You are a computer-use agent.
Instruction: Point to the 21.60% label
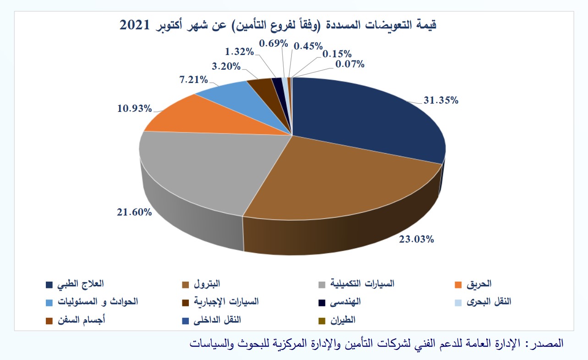coord(133,212)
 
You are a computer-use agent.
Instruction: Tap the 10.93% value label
coord(134,109)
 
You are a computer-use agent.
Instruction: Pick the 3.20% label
coord(226,66)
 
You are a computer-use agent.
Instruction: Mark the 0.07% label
coord(350,65)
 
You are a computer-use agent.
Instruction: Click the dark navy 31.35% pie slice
coord(367,115)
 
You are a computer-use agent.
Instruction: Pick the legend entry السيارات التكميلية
coord(363,284)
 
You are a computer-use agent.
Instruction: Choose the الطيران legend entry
coord(345,320)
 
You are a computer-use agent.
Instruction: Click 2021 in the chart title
coord(135,26)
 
